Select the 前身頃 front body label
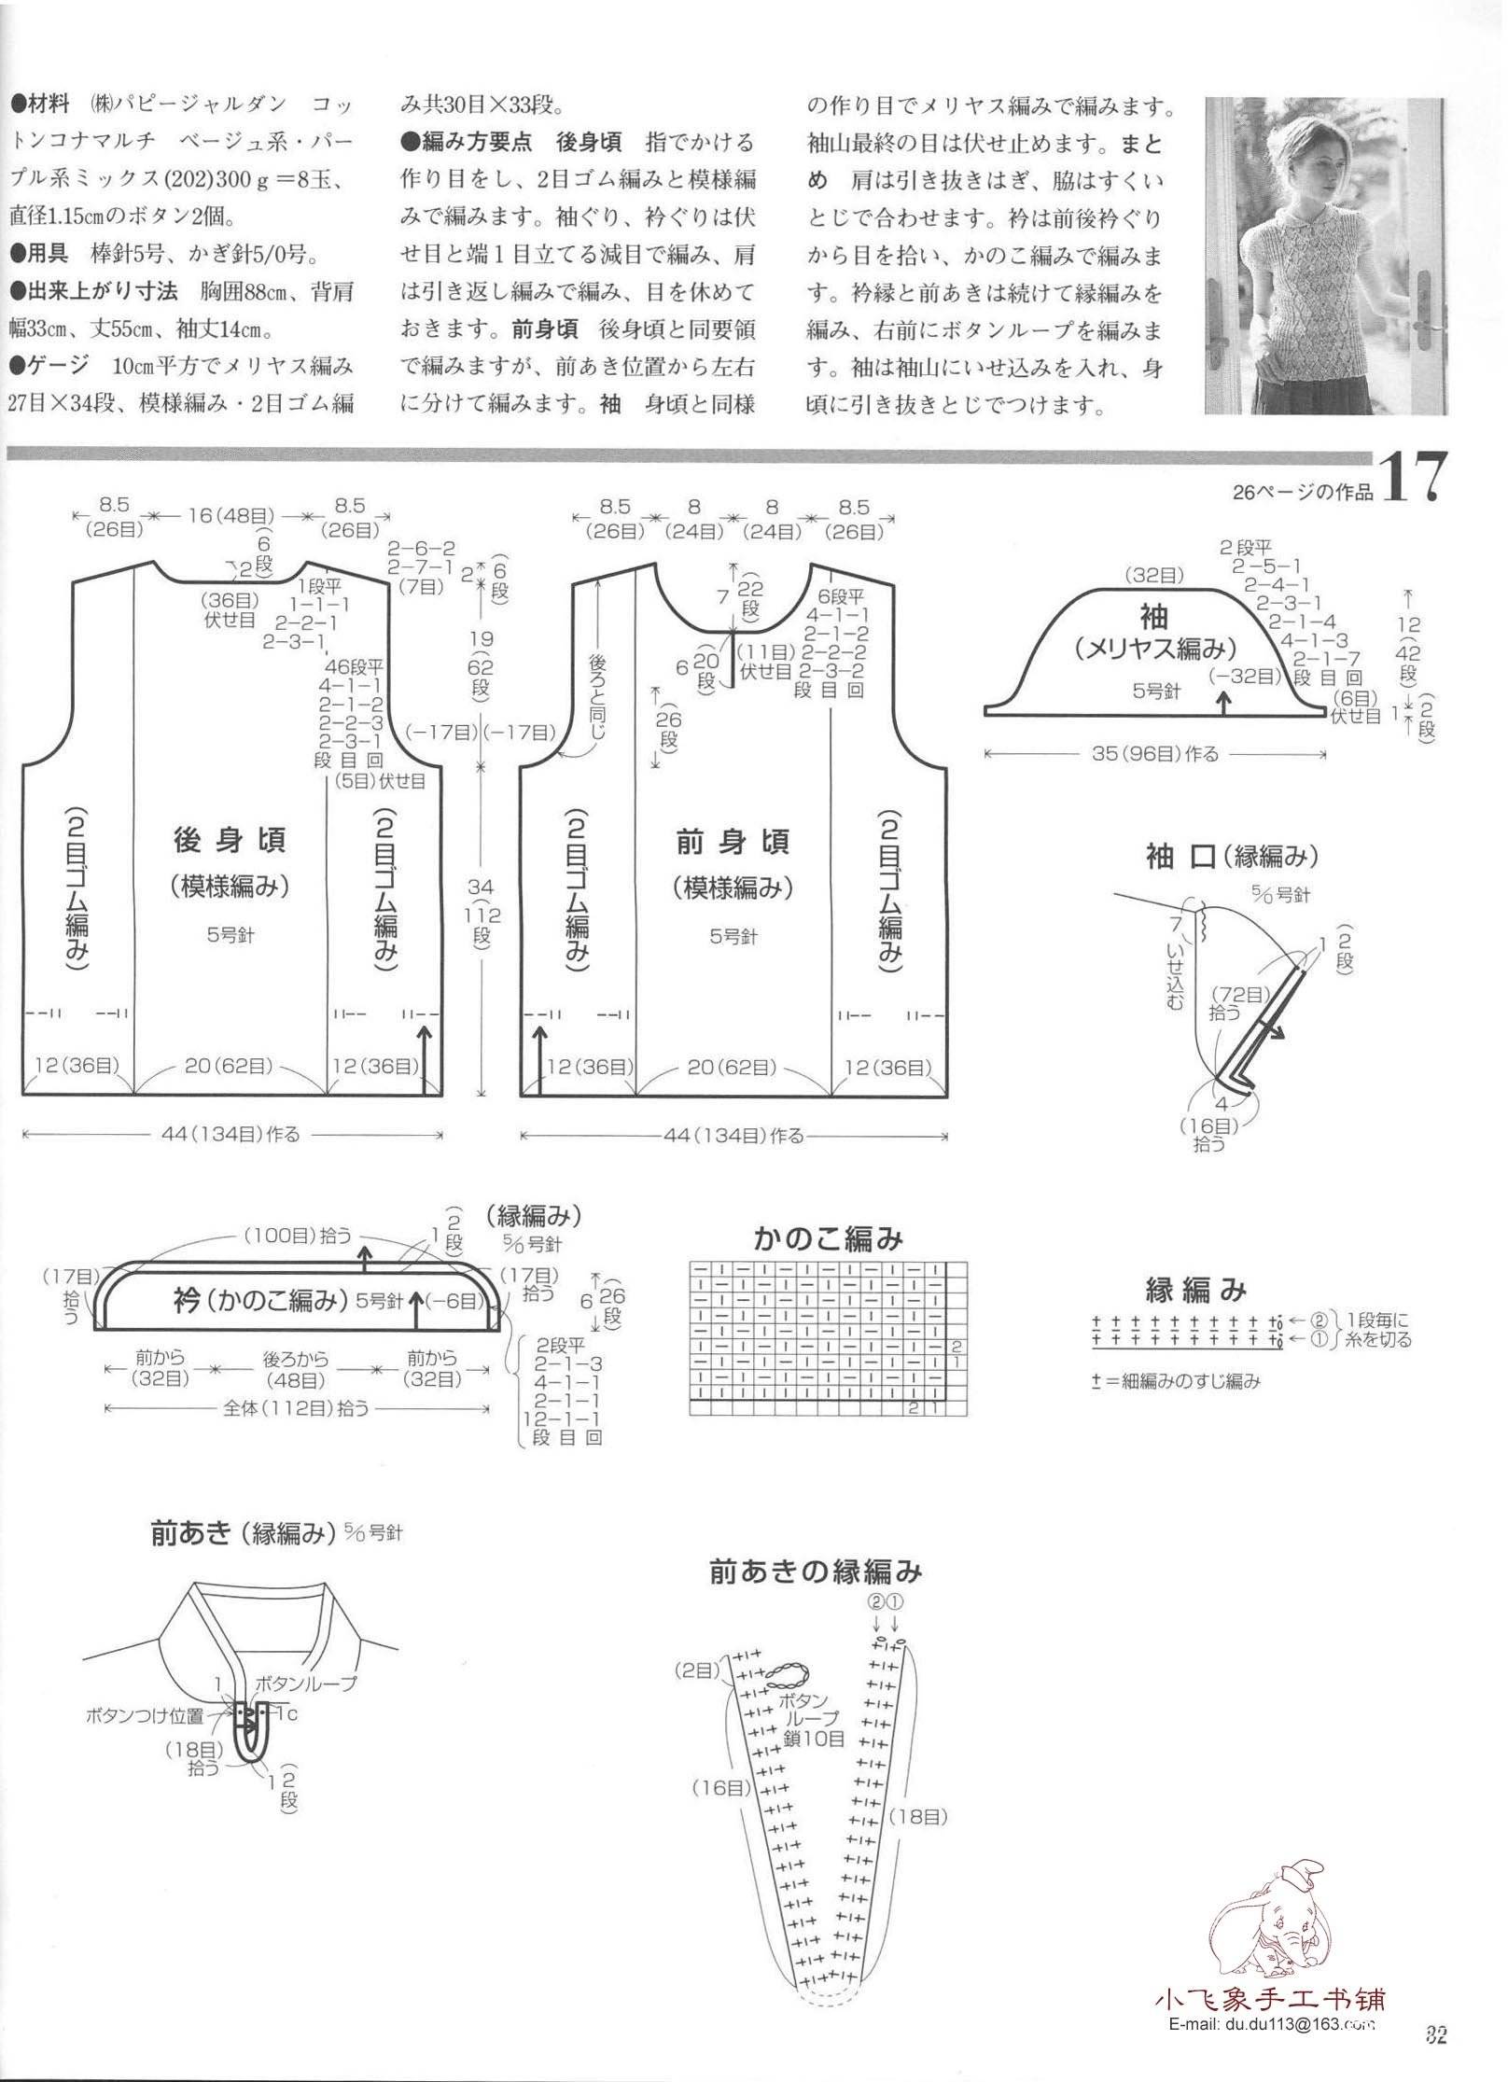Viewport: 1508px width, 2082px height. tap(733, 842)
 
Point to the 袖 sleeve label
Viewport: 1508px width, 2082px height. tap(1153, 617)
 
